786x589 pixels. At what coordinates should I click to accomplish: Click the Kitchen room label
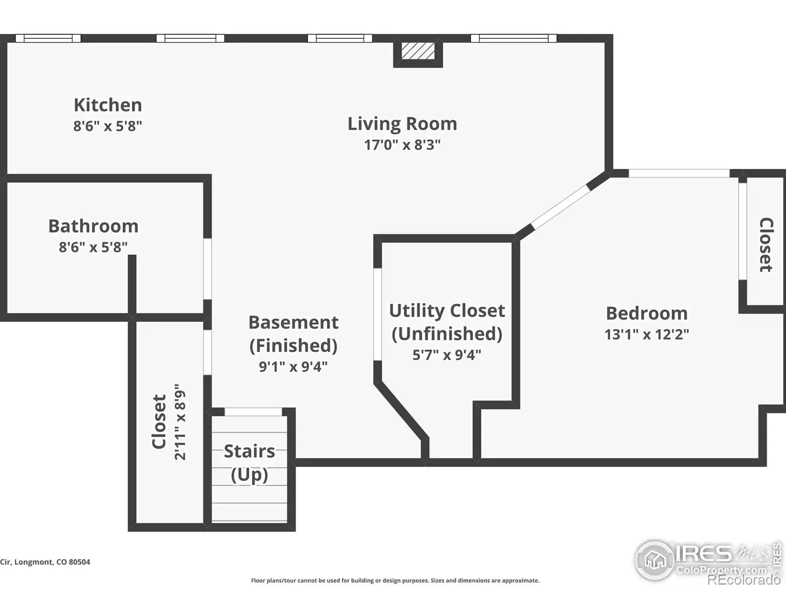click(x=108, y=105)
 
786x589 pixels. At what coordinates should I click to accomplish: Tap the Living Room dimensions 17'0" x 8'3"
click(x=402, y=145)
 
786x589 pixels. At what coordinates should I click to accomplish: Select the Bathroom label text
click(x=93, y=226)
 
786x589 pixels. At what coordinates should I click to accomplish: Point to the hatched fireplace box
click(x=418, y=51)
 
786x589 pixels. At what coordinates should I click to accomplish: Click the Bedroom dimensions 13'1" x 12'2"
click(x=646, y=334)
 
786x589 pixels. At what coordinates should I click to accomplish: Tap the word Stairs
click(x=249, y=451)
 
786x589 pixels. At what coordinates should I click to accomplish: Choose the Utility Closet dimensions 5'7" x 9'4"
click(x=447, y=355)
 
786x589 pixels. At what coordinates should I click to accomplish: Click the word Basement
click(x=293, y=322)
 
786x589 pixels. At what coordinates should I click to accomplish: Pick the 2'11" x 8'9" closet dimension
click(x=180, y=422)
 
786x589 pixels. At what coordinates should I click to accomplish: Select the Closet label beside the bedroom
click(x=766, y=244)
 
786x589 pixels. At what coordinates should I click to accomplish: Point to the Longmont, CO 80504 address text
click(x=45, y=562)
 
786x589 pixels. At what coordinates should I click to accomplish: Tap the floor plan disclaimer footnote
click(x=395, y=581)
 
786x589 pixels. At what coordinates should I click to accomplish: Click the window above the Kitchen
click(x=48, y=38)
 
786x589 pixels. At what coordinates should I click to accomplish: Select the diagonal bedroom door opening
click(x=560, y=206)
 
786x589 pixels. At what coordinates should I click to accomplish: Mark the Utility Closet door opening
click(x=377, y=314)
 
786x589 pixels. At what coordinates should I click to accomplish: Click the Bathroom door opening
click(x=207, y=269)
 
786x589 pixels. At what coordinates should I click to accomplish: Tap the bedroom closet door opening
click(x=743, y=231)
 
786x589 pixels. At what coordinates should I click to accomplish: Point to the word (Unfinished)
click(x=447, y=334)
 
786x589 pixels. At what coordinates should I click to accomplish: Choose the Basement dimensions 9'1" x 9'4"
click(x=293, y=367)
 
